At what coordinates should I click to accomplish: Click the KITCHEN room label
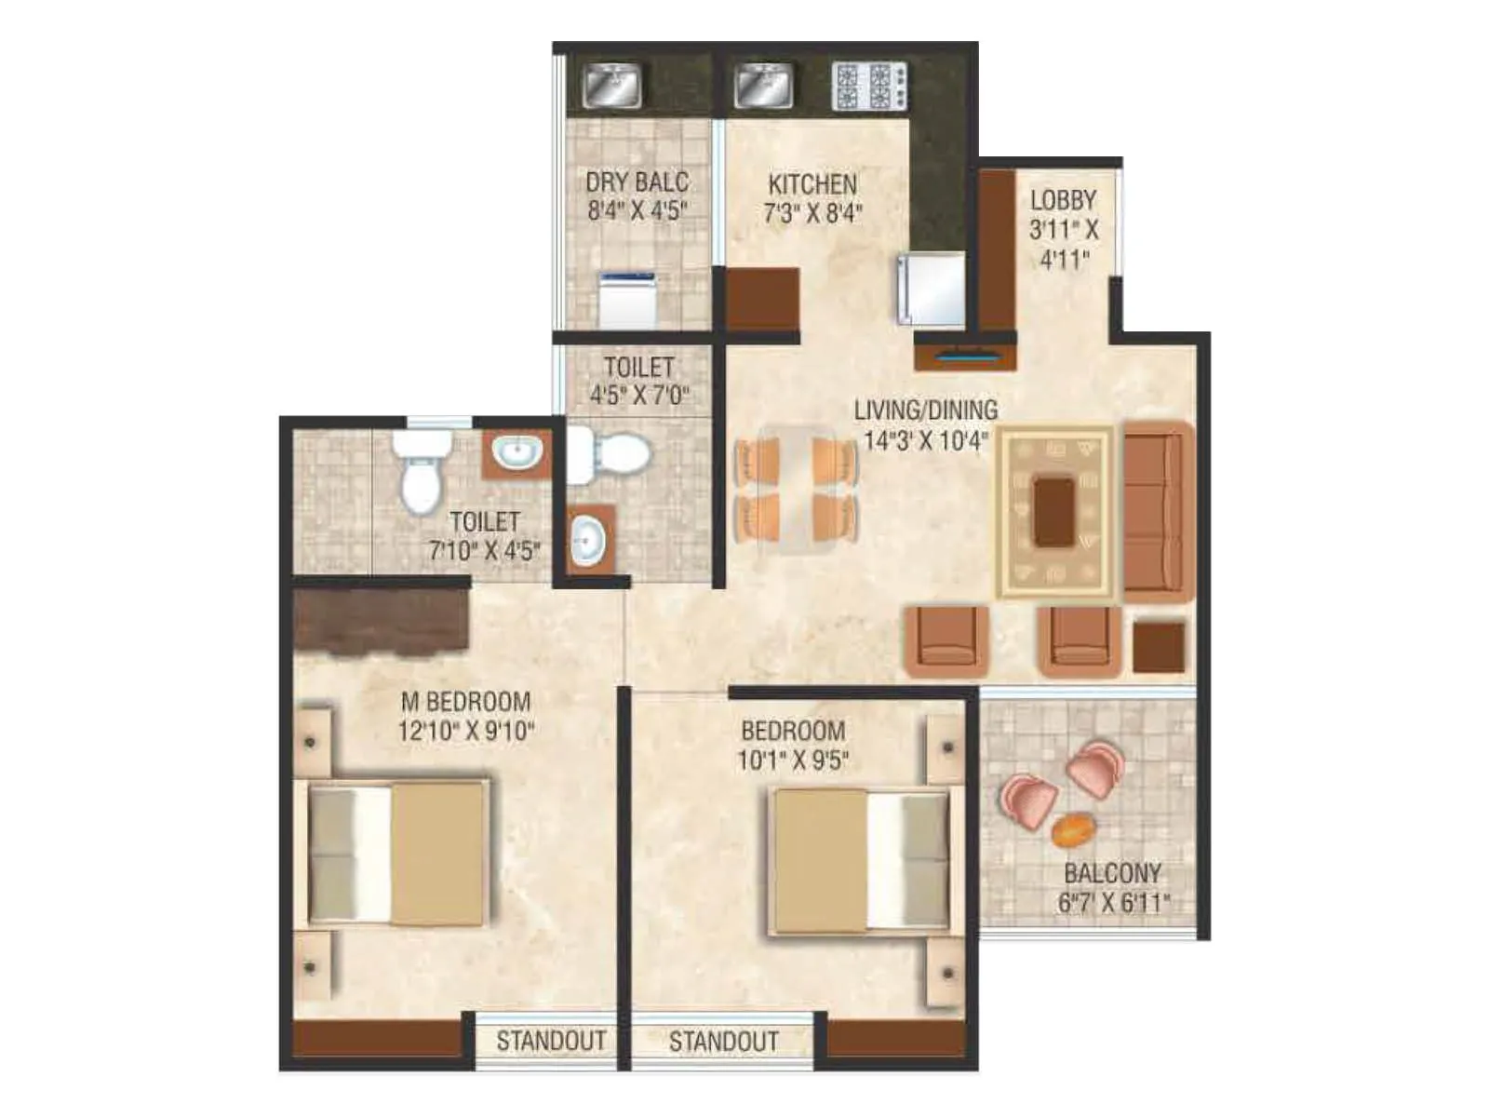coord(812,184)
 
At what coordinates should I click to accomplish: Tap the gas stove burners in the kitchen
coord(869,87)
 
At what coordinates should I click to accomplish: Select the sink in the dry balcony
coord(611,87)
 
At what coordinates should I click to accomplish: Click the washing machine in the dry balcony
coord(626,300)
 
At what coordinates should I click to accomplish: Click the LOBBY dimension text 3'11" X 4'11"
coord(1064,244)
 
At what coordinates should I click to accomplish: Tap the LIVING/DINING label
coord(925,410)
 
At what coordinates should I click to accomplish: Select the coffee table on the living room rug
coord(1054,511)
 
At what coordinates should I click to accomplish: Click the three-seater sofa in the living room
coord(1156,511)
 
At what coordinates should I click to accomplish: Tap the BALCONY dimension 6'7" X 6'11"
coord(1113,902)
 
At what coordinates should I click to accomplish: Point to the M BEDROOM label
coord(465,701)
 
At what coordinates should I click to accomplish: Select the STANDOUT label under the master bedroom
coord(551,1041)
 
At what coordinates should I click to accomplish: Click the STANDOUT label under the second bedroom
coord(723,1041)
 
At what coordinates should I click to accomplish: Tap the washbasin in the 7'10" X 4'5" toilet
coord(516,454)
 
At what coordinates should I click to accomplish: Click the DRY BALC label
coord(637,182)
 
